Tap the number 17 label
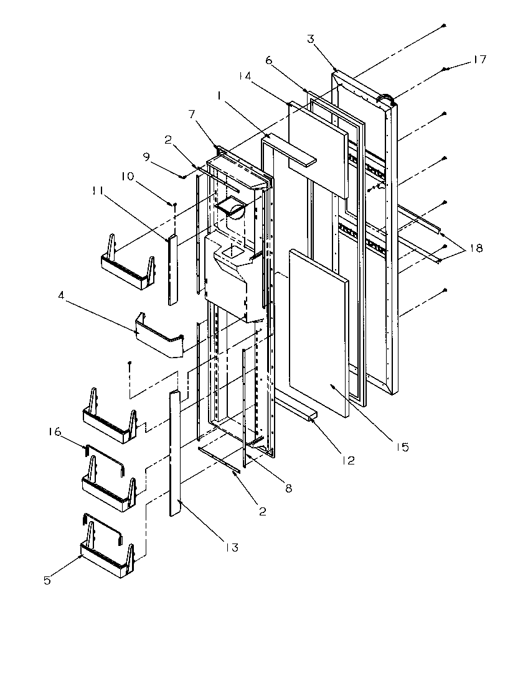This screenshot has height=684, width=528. [x=479, y=60]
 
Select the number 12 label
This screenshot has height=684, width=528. [x=347, y=461]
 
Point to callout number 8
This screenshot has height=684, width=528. [x=288, y=489]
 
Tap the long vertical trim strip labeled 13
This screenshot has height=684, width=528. [x=174, y=454]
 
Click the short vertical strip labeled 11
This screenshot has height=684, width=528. [x=172, y=270]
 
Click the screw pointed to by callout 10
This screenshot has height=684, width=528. [x=176, y=204]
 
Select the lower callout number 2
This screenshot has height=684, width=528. [x=262, y=512]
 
